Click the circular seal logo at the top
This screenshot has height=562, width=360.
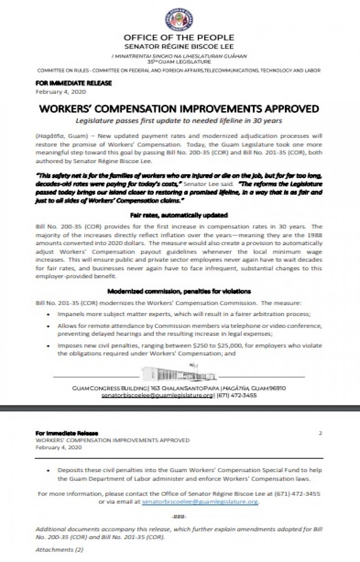179,20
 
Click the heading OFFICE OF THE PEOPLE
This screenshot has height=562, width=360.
179,37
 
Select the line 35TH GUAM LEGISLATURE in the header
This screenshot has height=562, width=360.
179,61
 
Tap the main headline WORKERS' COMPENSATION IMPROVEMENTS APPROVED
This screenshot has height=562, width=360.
179,109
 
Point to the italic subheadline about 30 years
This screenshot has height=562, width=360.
179,120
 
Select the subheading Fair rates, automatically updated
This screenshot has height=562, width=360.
179,215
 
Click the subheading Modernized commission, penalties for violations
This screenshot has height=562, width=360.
179,291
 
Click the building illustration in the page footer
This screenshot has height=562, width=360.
179,373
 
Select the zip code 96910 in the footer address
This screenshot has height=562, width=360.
275,388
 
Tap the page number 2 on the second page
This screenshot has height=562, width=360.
320,433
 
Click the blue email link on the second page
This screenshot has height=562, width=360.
200,501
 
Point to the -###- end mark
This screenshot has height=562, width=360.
179,516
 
